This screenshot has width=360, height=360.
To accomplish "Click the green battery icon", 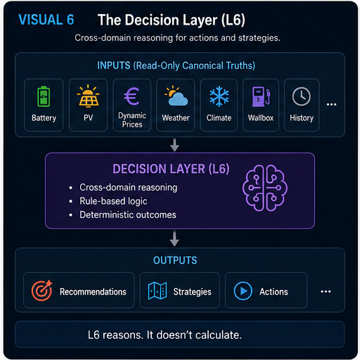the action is pos(44,96).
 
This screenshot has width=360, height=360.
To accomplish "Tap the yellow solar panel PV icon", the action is pos(88,96).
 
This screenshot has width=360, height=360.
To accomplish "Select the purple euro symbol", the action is pos(131,96).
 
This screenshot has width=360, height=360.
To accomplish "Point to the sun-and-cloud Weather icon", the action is pos(176,96).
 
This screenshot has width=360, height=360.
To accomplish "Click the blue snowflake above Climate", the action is pos(219,96).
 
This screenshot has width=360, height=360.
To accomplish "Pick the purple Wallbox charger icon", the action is pos(261,96).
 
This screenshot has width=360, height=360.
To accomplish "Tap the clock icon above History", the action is pos(302,96).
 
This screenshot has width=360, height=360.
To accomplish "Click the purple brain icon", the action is pos(265,188).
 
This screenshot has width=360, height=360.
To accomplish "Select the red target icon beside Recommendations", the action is pos(42,290).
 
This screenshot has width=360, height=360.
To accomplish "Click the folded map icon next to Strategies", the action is pos(157,291).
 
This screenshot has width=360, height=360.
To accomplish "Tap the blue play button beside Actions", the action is pos(243,291).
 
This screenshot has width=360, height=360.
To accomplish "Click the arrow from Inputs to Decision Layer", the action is pos(174,145).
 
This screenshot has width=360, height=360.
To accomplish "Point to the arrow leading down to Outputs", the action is pos(174,238).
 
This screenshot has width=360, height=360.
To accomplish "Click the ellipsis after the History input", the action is pos(331,104).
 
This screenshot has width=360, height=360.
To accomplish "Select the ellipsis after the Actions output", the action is pos(326,292).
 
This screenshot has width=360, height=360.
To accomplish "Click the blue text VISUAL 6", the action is pos(46,20).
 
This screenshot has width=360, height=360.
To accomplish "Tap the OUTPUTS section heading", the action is pos(175,260).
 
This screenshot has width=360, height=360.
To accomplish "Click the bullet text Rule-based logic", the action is pos(113,201).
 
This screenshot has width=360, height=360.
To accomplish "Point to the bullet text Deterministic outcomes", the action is pos(128,215).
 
